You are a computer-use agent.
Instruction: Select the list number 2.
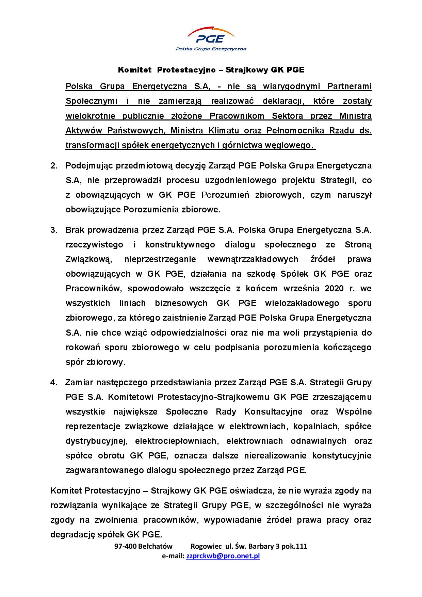point(53,166)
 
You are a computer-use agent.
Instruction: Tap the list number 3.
point(53,230)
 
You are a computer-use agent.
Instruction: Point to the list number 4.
point(53,383)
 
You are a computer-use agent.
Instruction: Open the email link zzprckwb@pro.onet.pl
point(223,556)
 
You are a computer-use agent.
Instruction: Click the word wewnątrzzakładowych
point(253,259)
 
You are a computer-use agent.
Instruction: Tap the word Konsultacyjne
point(273,412)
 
